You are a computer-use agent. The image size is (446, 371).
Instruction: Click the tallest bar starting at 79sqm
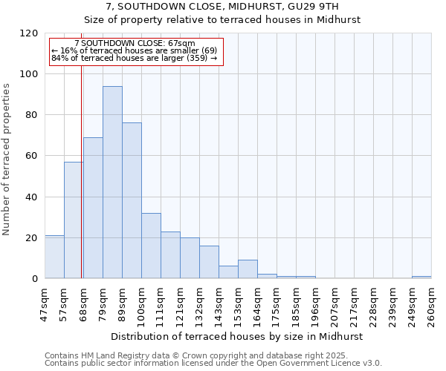point(112,183)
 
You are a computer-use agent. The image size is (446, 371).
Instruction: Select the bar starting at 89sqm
point(132,200)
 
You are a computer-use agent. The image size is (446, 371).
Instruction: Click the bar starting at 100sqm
point(151,246)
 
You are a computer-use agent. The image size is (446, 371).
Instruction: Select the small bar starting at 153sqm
point(248,269)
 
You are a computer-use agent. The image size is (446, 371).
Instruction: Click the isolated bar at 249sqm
point(421,277)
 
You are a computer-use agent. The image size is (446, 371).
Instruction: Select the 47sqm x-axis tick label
point(45,305)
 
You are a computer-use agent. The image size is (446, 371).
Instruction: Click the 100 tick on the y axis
point(30,74)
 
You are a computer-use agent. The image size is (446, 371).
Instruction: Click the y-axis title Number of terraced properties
point(7,160)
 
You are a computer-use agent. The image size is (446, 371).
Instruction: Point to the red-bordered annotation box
point(135,51)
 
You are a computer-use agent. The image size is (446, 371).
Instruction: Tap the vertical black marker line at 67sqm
point(81,171)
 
